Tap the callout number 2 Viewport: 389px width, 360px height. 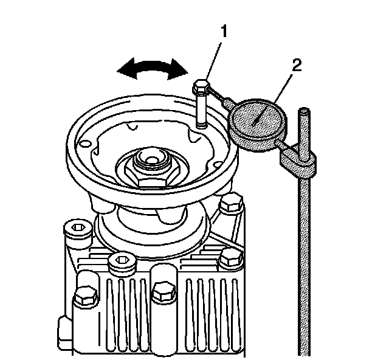point(296,66)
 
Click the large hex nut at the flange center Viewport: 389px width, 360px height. point(148,171)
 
